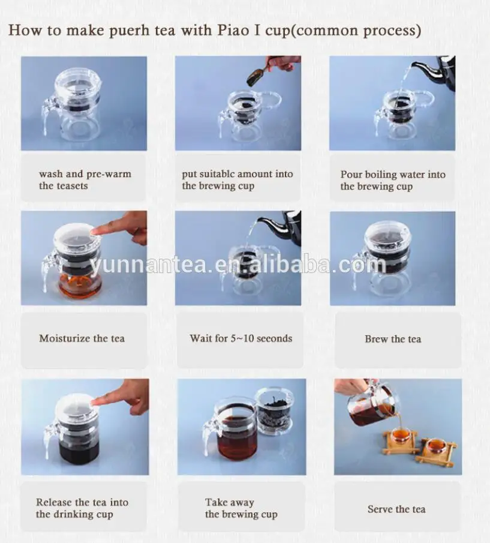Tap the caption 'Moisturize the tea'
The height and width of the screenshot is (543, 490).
[82, 338]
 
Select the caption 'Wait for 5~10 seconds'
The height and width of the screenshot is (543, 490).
[241, 338]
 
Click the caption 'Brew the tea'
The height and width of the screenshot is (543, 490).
[393, 339]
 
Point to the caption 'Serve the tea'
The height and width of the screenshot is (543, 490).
[396, 509]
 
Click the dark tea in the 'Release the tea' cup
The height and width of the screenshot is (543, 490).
[79, 452]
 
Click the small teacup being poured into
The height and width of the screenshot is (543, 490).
[400, 435]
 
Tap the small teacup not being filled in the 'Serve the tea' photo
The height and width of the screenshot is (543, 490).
[436, 447]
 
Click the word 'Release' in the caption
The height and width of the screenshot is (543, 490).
[54, 502]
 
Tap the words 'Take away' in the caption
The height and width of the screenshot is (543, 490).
[230, 502]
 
